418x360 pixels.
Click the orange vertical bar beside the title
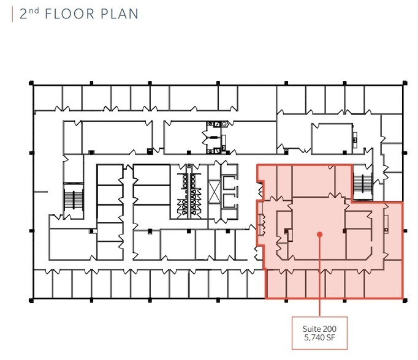pos(12,14)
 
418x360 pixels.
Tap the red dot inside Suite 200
pos(319,233)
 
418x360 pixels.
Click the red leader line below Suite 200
pos(319,276)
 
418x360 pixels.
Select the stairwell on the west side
pos(73,199)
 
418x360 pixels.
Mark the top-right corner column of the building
pos(403,84)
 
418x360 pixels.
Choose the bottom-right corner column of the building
pos(403,299)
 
